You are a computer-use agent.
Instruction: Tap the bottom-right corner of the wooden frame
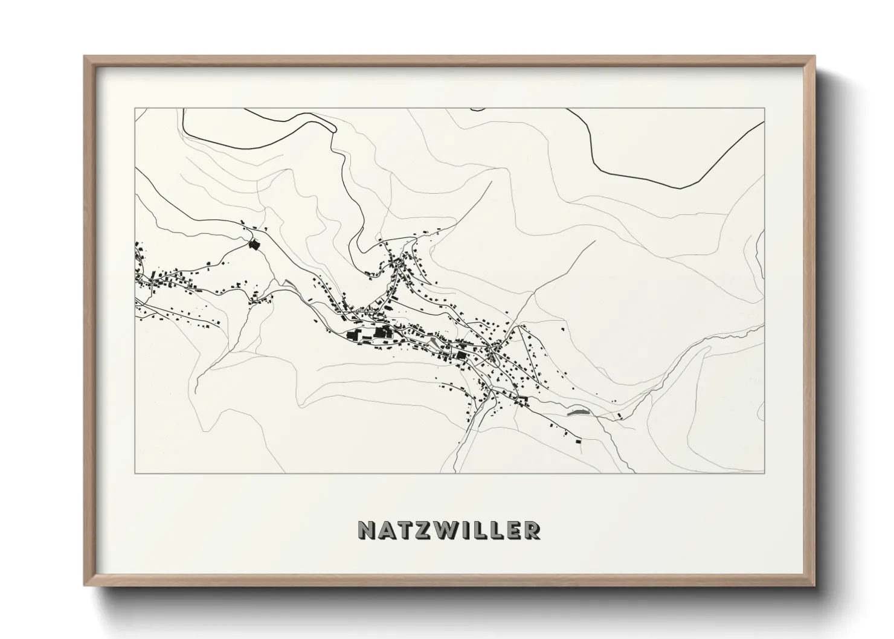coord(814,585)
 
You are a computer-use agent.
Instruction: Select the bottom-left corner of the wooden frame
coord(85,585)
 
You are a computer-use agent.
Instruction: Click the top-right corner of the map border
coord(765,109)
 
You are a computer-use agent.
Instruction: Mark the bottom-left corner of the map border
coord(135,473)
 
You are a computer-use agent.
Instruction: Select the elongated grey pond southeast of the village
coord(577,412)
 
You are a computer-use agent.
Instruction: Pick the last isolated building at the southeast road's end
coord(578,442)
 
